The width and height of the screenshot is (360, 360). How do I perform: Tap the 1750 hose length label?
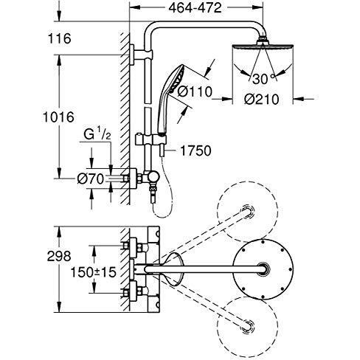195,151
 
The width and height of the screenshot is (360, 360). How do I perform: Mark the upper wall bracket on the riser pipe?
136,53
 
